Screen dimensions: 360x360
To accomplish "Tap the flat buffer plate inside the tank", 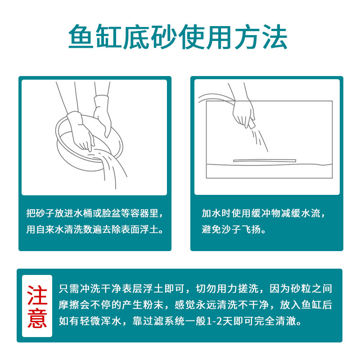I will (264, 160).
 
